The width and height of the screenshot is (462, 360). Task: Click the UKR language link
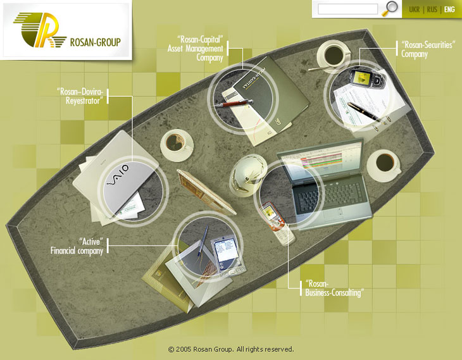pyautogui.click(x=414, y=9)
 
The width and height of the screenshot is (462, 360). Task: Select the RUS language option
pyautogui.click(x=432, y=9)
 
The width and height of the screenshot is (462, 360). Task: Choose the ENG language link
pyautogui.click(x=449, y=9)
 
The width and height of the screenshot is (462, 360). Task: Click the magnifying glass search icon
pyautogui.click(x=389, y=9)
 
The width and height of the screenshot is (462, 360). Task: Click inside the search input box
pyautogui.click(x=347, y=9)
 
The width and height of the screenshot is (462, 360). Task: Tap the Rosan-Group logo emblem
pyautogui.click(x=39, y=30)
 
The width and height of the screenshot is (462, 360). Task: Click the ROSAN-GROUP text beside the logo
pyautogui.click(x=96, y=42)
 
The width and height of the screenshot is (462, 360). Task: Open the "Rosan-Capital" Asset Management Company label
pyautogui.click(x=195, y=48)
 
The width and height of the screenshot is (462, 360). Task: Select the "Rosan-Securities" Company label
pyautogui.click(x=428, y=49)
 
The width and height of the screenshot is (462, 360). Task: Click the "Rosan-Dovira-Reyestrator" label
pyautogui.click(x=80, y=96)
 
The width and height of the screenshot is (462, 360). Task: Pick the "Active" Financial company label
pyautogui.click(x=77, y=246)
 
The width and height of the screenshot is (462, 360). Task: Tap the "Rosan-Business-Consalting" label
pyautogui.click(x=334, y=288)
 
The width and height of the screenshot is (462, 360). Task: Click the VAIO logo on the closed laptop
pyautogui.click(x=118, y=176)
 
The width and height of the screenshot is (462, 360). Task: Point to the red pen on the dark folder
pyautogui.click(x=234, y=103)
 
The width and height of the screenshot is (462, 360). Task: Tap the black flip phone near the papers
pyautogui.click(x=367, y=78)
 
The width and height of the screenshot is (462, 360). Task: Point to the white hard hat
pyautogui.click(x=247, y=175)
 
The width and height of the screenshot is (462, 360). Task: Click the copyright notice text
pyautogui.click(x=231, y=349)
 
